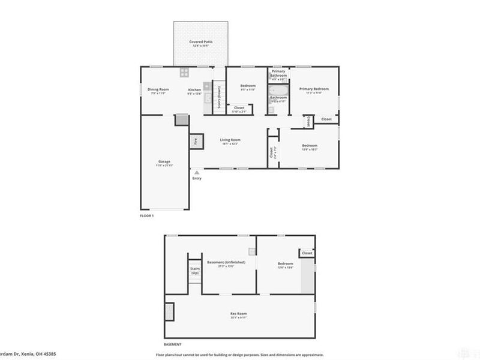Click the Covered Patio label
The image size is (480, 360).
[200, 42]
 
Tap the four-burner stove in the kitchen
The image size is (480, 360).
[185, 73]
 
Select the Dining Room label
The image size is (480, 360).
[159, 89]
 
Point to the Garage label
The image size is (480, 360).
[164, 161]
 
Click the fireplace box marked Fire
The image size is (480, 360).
[195, 142]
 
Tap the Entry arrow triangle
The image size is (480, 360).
[196, 172]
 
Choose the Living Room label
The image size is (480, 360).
[229, 140]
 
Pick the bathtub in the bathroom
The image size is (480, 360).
[278, 91]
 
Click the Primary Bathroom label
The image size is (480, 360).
[278, 73]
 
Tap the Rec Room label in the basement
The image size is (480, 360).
[239, 314]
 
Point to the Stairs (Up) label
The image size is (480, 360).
[195, 271]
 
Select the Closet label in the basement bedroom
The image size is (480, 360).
[307, 253]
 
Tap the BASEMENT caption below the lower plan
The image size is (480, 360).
[173, 344]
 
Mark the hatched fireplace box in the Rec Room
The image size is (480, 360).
[169, 311]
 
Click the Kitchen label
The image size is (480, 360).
[194, 89]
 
